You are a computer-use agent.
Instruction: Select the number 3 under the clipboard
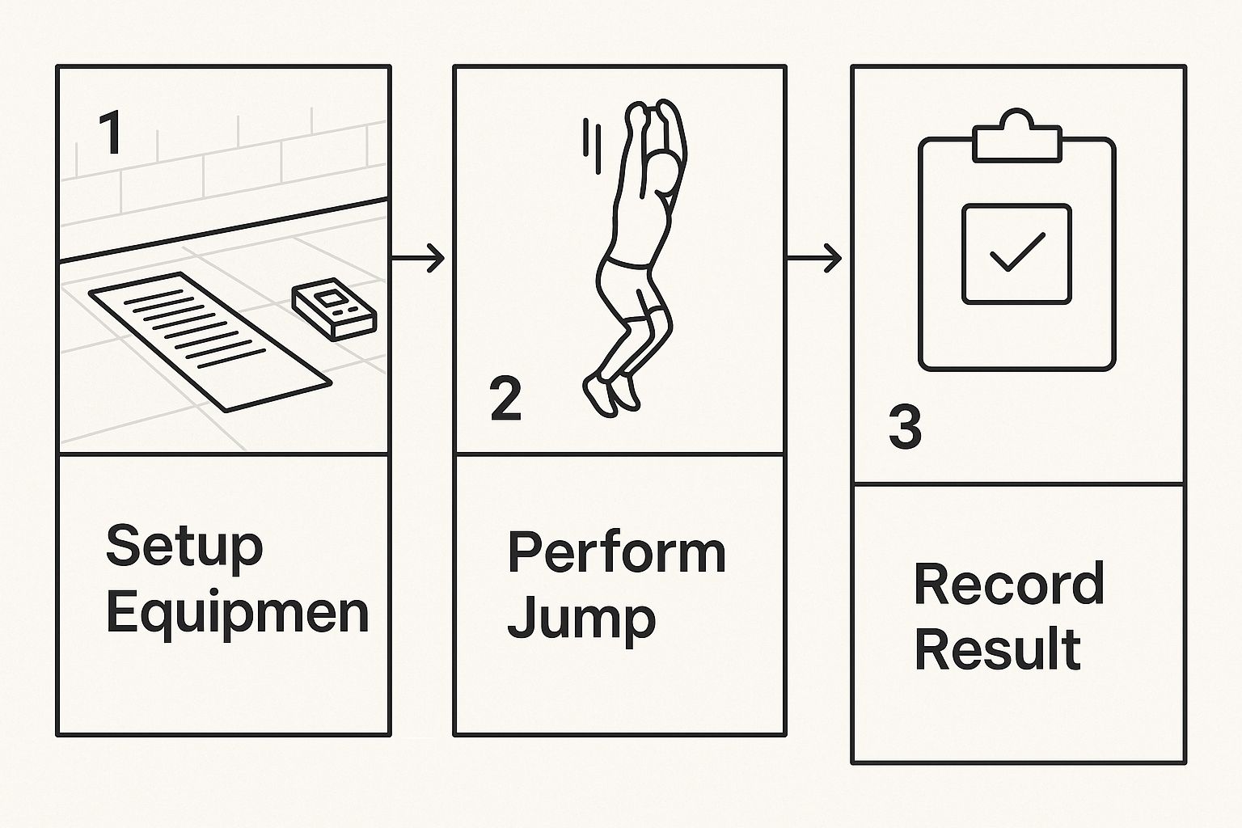(905, 428)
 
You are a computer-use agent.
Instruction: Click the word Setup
(184, 547)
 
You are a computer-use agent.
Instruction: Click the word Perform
(616, 552)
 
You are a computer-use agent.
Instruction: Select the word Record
(1008, 584)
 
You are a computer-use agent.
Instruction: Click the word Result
(997, 649)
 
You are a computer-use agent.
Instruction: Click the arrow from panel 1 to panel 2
(419, 259)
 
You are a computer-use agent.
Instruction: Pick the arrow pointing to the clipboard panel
(815, 259)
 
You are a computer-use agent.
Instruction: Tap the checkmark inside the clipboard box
(1016, 252)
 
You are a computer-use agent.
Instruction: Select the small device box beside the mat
(333, 310)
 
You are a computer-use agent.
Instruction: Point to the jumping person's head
(665, 175)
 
